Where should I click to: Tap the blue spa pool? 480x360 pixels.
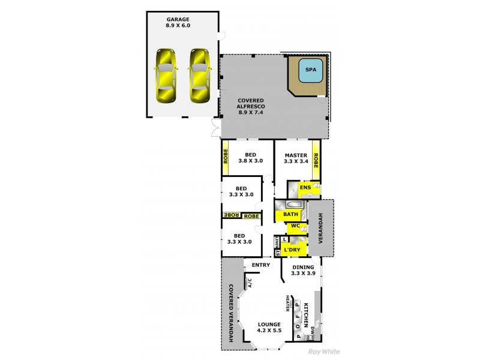point(310,70)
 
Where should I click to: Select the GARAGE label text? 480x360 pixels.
point(178,19)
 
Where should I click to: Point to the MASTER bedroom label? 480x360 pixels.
point(296,155)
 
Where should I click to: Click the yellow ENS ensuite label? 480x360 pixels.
point(305,188)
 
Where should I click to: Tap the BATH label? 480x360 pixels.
point(291,214)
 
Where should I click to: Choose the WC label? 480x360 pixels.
point(295,226)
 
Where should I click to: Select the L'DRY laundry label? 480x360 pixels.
point(292,250)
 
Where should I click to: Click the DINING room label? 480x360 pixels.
point(302,268)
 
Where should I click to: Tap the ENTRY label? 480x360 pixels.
point(260,265)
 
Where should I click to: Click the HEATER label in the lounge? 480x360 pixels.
point(287,304)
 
